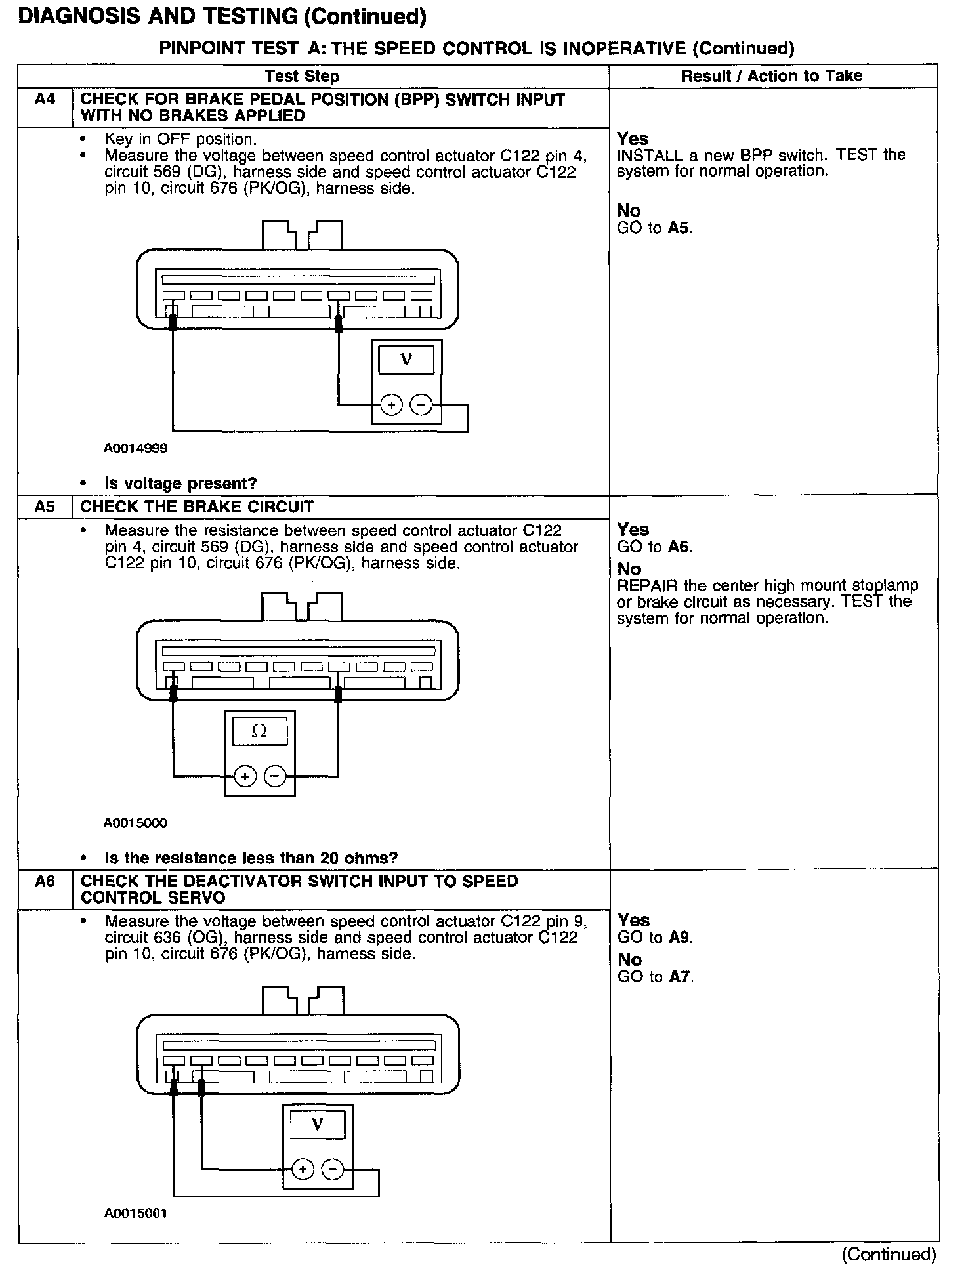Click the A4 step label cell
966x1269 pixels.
tap(45, 100)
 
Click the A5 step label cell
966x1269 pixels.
tap(45, 507)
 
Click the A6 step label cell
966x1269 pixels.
tap(45, 882)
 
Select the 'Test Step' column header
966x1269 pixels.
tap(302, 77)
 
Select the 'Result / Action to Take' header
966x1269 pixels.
tap(772, 76)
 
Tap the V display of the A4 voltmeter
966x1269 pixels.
tap(406, 360)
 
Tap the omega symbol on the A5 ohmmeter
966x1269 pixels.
tap(260, 731)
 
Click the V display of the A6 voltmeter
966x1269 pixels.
tap(317, 1125)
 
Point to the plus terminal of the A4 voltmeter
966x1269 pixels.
tap(391, 406)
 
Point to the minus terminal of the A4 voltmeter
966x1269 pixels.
tap(421, 406)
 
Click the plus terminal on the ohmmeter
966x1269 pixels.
tap(245, 777)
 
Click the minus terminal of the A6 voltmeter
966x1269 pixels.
tap(333, 1169)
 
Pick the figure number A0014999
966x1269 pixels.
tap(135, 449)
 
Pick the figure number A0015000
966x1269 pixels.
tap(135, 823)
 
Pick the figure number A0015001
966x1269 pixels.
tap(136, 1214)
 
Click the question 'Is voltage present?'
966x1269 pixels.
tap(180, 484)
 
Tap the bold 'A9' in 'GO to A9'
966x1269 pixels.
tap(681, 937)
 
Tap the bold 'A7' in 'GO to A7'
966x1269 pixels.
tap(681, 977)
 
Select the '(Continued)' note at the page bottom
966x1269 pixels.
tap(889, 1255)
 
